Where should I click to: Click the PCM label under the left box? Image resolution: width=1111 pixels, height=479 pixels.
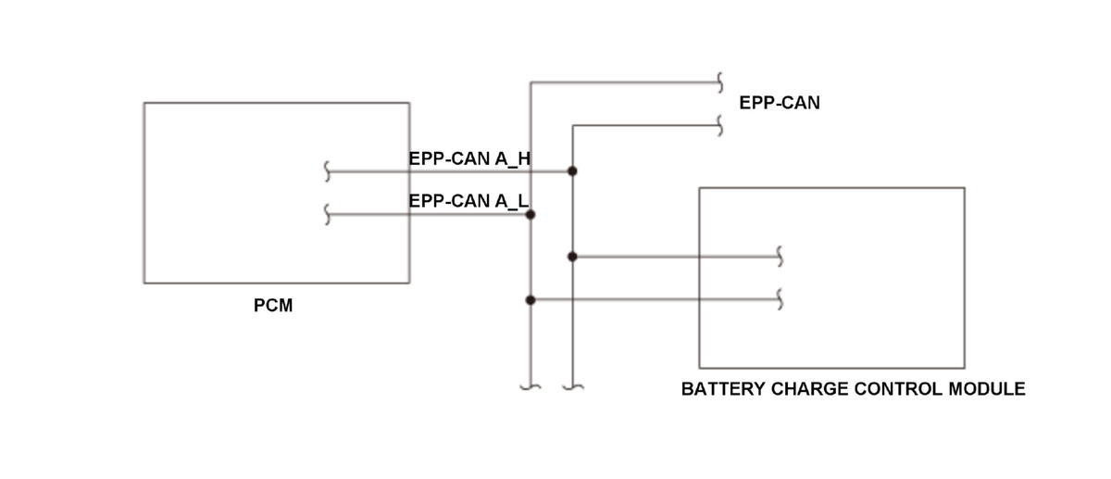tap(273, 305)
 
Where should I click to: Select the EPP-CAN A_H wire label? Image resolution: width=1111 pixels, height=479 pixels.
tap(469, 158)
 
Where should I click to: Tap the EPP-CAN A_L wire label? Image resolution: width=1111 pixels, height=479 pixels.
tap(468, 201)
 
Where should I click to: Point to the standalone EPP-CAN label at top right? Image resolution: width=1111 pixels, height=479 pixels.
tap(780, 103)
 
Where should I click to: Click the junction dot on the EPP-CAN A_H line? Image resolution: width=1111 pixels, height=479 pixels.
tap(572, 171)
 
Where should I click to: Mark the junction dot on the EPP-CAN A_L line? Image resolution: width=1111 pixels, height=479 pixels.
tap(531, 214)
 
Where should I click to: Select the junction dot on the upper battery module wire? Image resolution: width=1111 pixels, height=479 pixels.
tap(572, 257)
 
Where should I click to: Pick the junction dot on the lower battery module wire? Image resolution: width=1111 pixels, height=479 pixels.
tap(531, 300)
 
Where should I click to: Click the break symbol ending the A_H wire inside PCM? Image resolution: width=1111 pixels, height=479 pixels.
tap(327, 171)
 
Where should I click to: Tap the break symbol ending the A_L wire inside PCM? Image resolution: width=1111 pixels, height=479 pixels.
tap(327, 214)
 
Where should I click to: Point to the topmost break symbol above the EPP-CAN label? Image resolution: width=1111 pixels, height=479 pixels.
tap(719, 82)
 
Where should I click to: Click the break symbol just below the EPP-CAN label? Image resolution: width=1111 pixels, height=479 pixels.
tap(719, 125)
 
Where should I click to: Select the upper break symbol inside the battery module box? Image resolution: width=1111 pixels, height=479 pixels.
tap(780, 257)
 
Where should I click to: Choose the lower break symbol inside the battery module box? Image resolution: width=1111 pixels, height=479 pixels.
tap(780, 300)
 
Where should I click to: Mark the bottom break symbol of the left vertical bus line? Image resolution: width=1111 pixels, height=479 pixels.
tap(531, 386)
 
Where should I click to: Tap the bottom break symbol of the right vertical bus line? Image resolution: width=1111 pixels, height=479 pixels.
tap(573, 386)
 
